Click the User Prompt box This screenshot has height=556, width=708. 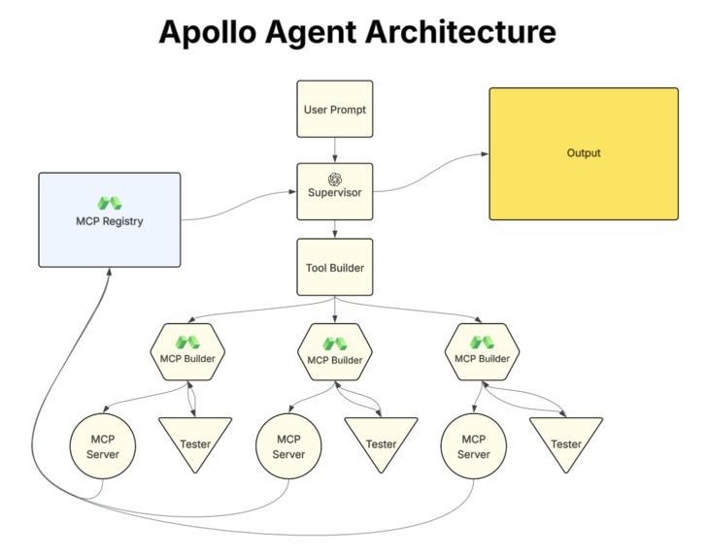(x=334, y=110)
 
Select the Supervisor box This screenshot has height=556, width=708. (x=334, y=191)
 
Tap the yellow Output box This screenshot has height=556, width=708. (x=583, y=152)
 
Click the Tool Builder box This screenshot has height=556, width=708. (x=334, y=267)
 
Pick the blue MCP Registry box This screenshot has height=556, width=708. (x=109, y=219)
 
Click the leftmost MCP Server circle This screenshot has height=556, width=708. (x=103, y=446)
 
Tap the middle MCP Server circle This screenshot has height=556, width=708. (x=288, y=446)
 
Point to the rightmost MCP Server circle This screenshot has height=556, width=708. (x=474, y=446)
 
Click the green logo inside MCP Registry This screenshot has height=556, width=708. (x=109, y=204)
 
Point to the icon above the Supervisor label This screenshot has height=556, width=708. (x=334, y=179)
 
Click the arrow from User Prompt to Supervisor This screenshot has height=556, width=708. (x=334, y=150)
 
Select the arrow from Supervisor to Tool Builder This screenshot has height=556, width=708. (x=334, y=229)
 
